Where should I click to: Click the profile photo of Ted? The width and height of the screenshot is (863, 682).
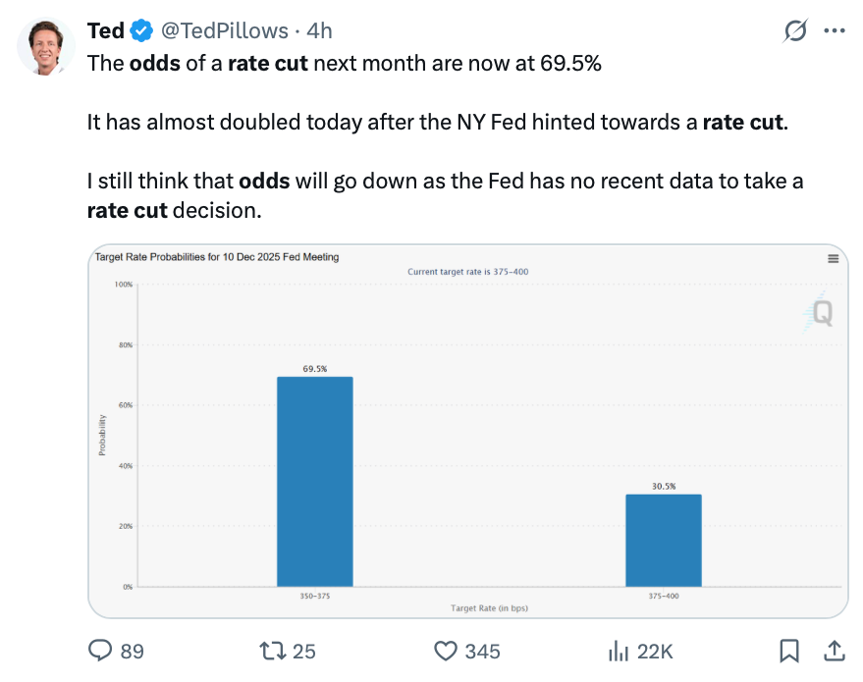46,46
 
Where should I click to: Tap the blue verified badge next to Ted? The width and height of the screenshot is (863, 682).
141,31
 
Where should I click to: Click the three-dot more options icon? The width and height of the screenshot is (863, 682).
834,31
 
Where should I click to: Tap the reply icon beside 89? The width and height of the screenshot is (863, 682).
100,651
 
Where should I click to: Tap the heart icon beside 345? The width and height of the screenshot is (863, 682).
447,651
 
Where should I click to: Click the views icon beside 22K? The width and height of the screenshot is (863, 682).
619,651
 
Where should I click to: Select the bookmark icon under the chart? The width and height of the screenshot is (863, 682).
788,651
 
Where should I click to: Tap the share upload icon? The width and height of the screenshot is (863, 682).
834,650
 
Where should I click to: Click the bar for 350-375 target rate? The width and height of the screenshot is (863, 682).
314,481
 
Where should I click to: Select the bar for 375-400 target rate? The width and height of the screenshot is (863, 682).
663,540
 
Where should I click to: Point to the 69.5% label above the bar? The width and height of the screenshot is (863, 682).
314,369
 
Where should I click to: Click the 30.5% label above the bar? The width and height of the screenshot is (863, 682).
663,486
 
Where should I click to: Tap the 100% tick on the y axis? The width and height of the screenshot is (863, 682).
123,285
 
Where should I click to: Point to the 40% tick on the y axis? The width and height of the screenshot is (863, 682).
125,466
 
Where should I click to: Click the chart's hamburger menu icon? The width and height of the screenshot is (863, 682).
833,259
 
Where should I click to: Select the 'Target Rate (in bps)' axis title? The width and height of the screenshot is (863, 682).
489,608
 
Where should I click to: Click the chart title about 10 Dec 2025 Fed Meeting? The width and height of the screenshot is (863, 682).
216,257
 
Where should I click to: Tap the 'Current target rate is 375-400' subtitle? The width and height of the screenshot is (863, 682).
467,271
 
